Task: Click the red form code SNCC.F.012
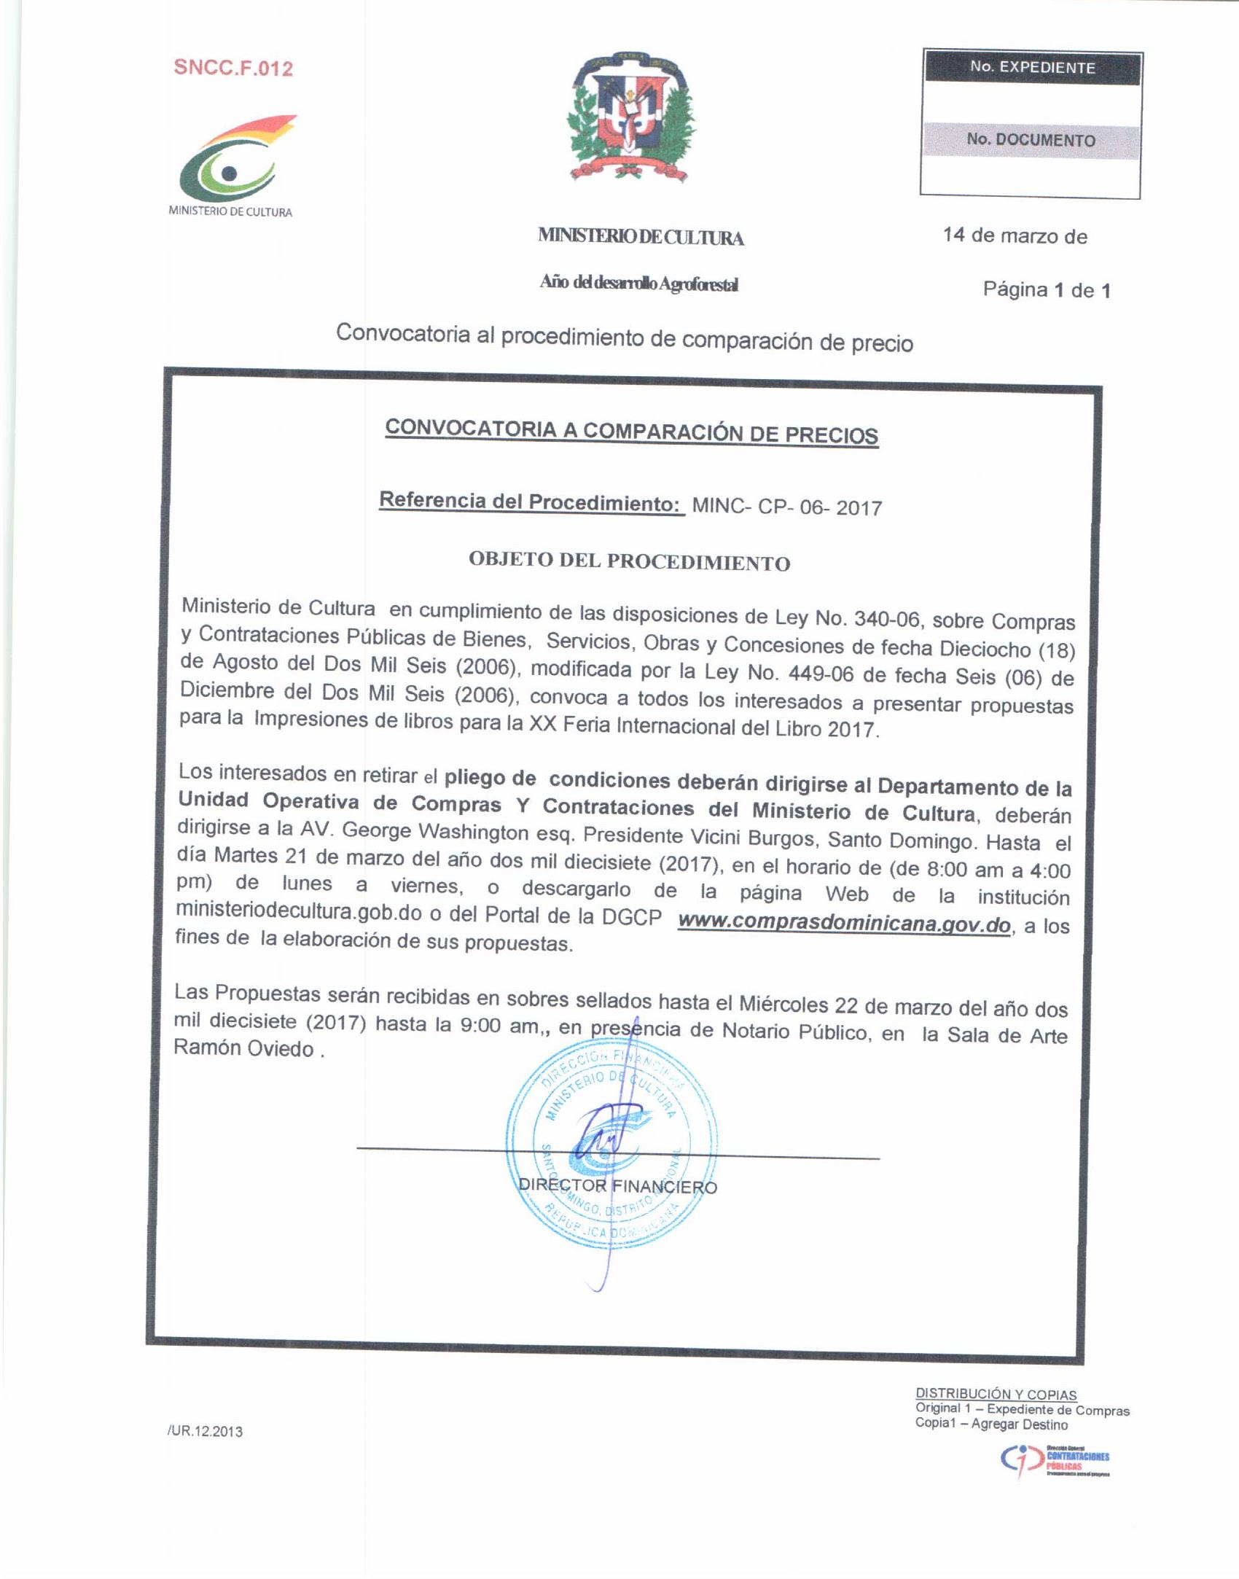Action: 233,69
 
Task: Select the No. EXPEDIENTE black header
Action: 1031,68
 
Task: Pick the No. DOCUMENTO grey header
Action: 1031,139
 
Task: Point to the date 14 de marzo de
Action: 1015,236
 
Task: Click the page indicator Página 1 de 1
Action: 1047,290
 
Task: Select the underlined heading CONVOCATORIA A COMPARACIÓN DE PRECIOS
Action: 631,432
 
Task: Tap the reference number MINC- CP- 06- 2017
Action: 786,507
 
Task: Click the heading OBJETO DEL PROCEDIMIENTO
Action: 629,562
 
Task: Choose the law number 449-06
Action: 820,674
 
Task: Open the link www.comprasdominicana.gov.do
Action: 844,922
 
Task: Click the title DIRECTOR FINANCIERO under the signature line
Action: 617,1187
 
